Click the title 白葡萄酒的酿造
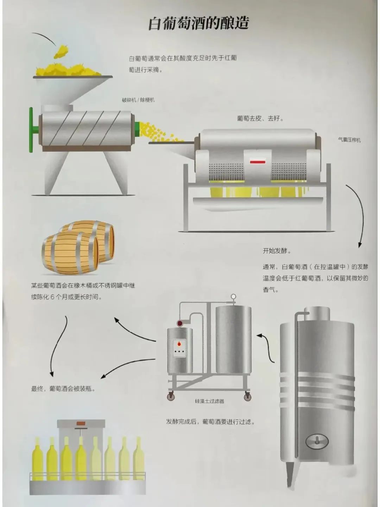coord(198,23)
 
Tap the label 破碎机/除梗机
coord(138,100)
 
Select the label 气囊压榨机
coord(349,140)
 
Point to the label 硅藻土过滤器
coord(209,401)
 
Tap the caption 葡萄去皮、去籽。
coord(260,118)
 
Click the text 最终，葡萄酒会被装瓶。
coord(63,389)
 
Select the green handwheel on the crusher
coord(31,129)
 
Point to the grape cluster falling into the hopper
coord(61,51)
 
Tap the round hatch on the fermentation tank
coord(317,441)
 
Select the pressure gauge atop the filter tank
coord(233,297)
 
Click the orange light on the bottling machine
coord(81,422)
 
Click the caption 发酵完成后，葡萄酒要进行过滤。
coord(210,422)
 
